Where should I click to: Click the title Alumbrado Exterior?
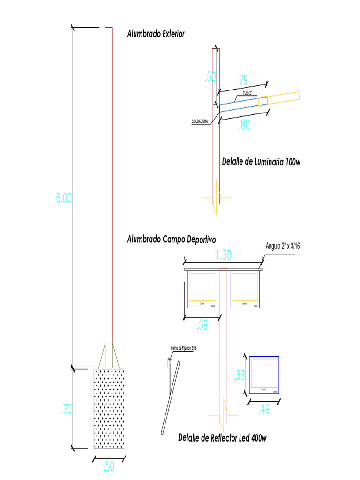click(x=156, y=34)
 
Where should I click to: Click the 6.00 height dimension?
click(x=64, y=198)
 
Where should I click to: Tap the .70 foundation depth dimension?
click(x=66, y=409)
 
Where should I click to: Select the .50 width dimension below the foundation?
click(x=108, y=467)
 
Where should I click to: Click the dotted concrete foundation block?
click(x=109, y=408)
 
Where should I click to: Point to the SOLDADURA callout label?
click(x=200, y=122)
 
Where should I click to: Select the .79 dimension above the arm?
click(x=242, y=80)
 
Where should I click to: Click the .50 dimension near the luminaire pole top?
click(x=210, y=77)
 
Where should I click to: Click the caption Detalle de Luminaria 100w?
click(x=261, y=162)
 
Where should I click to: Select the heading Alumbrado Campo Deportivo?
click(x=171, y=240)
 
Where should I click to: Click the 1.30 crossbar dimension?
click(x=224, y=255)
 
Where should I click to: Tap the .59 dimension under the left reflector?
click(x=202, y=325)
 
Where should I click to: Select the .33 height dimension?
click(x=239, y=375)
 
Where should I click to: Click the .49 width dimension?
click(x=264, y=410)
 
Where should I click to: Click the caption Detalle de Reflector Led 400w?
click(x=222, y=438)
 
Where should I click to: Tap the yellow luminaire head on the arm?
click(x=283, y=97)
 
